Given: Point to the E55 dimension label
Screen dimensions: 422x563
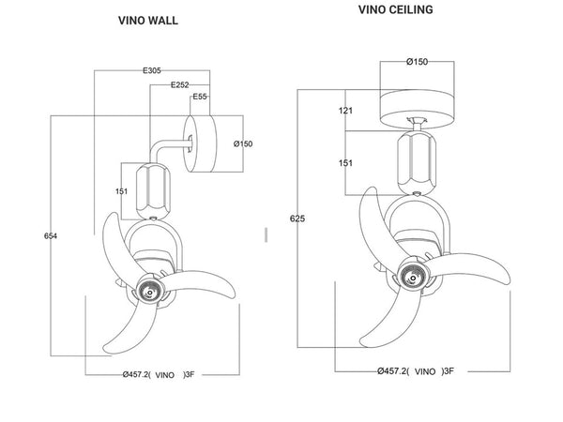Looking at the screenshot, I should point(199,98).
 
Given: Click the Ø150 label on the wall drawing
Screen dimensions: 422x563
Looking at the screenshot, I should point(242,143).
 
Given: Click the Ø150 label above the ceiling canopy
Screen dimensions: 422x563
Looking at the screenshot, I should point(418,62).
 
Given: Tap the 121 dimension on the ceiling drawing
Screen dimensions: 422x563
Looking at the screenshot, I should point(346,112).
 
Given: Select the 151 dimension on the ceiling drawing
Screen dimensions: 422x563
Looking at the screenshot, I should point(346,163).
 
